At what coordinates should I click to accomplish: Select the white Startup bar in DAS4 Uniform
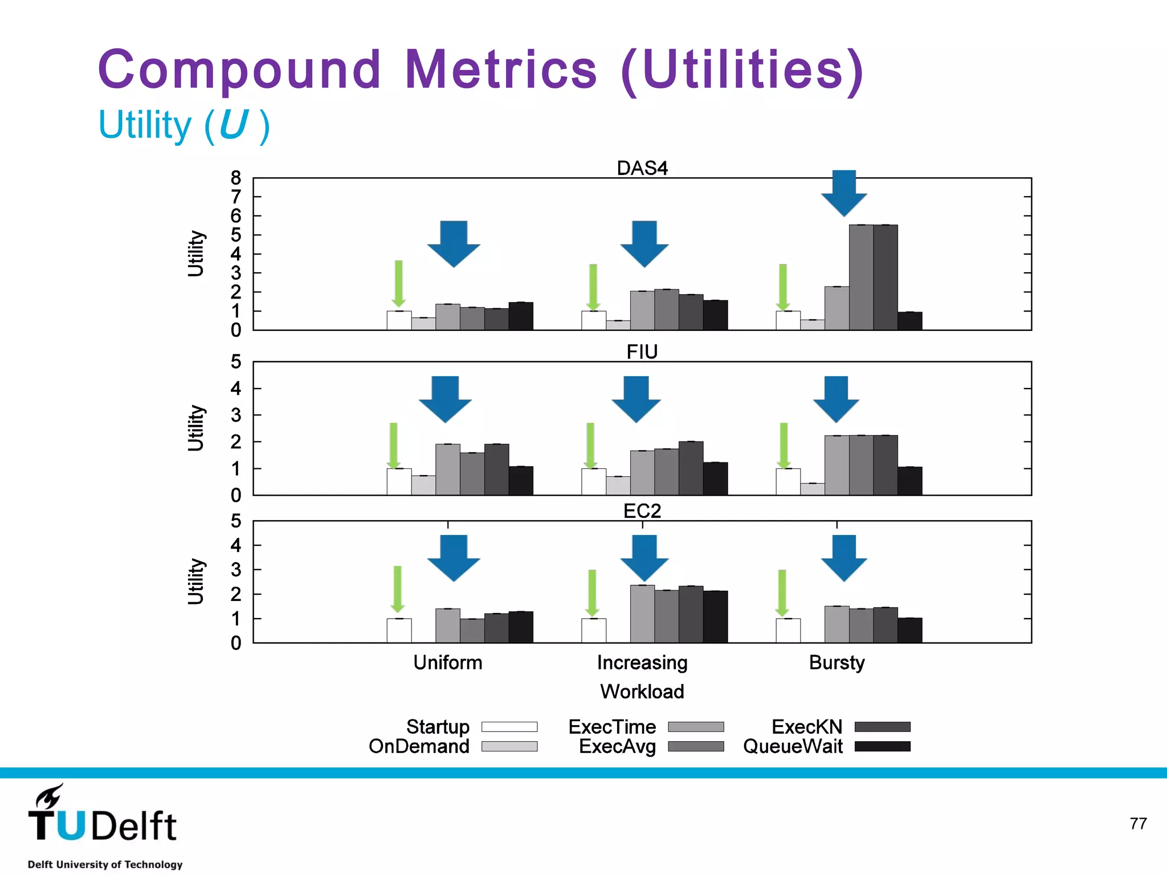[x=399, y=320]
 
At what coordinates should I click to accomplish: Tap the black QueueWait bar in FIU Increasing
[x=715, y=479]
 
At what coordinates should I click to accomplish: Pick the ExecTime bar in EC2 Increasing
[x=642, y=614]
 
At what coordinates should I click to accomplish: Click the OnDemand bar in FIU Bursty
[x=812, y=489]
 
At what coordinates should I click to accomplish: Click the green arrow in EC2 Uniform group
[x=398, y=588]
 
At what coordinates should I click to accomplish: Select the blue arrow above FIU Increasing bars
[x=636, y=398]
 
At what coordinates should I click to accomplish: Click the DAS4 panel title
[x=642, y=168]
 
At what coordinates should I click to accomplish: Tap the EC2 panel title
[x=642, y=510]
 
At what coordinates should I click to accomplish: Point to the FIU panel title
[x=642, y=352]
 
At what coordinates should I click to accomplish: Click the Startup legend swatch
[x=509, y=727]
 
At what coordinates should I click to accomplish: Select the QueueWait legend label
[x=793, y=746]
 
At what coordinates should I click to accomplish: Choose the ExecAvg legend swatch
[x=696, y=746]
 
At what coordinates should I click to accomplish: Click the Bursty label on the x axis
[x=837, y=663]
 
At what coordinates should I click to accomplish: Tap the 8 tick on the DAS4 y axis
[x=236, y=178]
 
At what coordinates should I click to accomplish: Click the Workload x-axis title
[x=642, y=692]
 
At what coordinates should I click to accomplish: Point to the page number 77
[x=1138, y=824]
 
